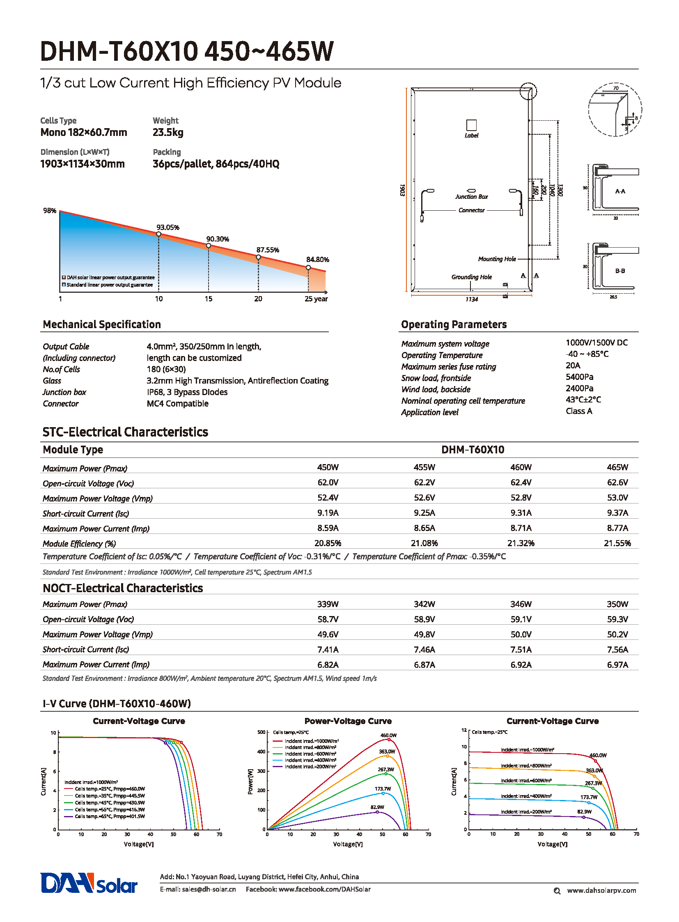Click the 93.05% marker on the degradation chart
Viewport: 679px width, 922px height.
[x=158, y=235]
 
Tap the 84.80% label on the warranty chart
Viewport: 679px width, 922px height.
[x=317, y=260]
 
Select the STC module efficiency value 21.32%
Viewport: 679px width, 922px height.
[x=521, y=543]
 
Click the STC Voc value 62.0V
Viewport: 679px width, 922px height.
[x=328, y=483]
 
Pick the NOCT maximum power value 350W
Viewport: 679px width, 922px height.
[x=617, y=604]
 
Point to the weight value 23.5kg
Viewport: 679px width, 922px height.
[x=167, y=132]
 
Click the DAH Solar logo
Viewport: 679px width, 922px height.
[x=89, y=883]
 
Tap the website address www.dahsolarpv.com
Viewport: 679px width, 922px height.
[x=601, y=890]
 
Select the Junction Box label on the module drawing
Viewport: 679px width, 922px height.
[x=471, y=197]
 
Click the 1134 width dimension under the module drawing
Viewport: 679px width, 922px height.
[x=471, y=299]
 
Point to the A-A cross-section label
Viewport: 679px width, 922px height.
[x=620, y=191]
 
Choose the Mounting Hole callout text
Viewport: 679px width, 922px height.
[x=497, y=259]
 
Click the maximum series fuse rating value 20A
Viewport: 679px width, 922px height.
[x=573, y=366]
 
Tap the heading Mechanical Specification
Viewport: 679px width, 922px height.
[x=101, y=324]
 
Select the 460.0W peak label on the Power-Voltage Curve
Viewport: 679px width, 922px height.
[x=388, y=735]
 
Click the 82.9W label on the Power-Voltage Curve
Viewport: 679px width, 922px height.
[x=377, y=807]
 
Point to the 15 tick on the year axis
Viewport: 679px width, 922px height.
[x=209, y=299]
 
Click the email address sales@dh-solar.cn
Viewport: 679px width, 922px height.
[x=209, y=889]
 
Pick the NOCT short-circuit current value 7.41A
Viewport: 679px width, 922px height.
[x=328, y=650]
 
